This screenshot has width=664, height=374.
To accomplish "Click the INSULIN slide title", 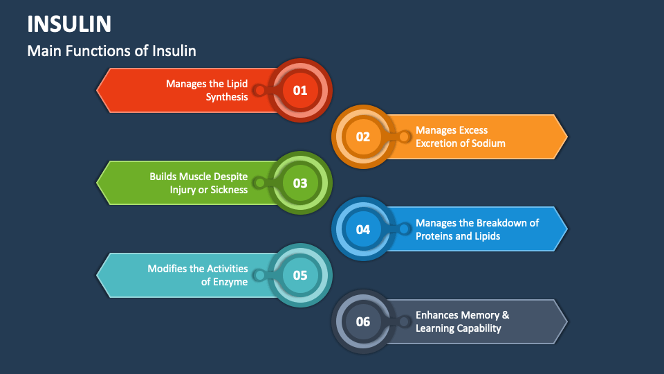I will [x=69, y=24].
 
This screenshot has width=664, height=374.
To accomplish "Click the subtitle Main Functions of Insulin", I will [x=111, y=51].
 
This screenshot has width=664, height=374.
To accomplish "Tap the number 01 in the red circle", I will [x=299, y=90].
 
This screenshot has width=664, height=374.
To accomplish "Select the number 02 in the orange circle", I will [x=363, y=136].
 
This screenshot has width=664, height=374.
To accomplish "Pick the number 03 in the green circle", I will [x=299, y=183].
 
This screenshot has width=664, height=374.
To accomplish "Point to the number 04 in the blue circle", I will [x=363, y=229].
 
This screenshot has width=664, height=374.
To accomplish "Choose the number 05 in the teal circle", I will [x=299, y=275].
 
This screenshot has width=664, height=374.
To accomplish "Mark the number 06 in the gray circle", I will [x=363, y=321].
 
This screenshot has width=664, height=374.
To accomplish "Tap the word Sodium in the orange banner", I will [x=488, y=143].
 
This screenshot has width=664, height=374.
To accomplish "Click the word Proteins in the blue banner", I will [x=434, y=236].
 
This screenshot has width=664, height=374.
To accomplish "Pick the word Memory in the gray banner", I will [x=479, y=315].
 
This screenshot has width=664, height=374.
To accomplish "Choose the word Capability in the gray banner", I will [x=478, y=328].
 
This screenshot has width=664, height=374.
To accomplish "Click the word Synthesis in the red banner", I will [x=227, y=97].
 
